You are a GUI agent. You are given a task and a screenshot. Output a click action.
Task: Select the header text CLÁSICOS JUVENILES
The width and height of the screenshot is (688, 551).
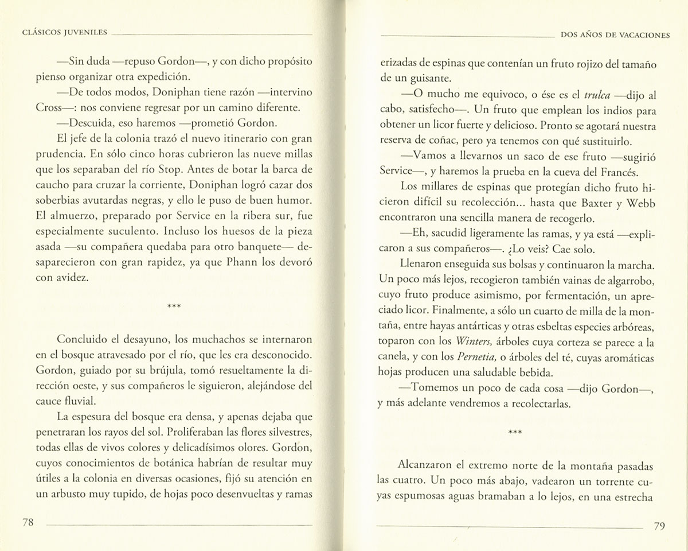coord(63,34)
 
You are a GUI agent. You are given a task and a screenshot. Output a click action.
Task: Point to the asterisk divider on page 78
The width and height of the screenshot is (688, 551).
coord(174,306)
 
